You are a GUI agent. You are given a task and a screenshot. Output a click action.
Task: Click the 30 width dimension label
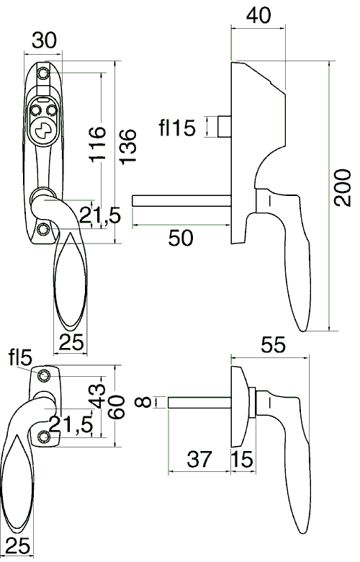click(x=44, y=40)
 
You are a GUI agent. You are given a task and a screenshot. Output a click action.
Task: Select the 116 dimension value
click(x=97, y=144)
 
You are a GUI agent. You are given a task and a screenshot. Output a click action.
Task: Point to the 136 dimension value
click(x=128, y=147)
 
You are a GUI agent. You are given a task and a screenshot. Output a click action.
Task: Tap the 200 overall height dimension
click(x=342, y=187)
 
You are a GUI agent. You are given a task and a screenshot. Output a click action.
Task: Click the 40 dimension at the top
click(x=258, y=15)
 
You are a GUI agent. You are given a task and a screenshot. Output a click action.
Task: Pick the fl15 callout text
click(x=177, y=128)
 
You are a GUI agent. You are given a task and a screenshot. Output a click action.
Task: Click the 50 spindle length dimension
click(x=181, y=238)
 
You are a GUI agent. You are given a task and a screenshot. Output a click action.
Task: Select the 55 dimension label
click(x=274, y=345)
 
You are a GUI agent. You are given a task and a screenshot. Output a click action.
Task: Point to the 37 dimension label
click(x=199, y=459)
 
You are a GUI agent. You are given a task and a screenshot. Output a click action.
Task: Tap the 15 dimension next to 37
click(x=242, y=459)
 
